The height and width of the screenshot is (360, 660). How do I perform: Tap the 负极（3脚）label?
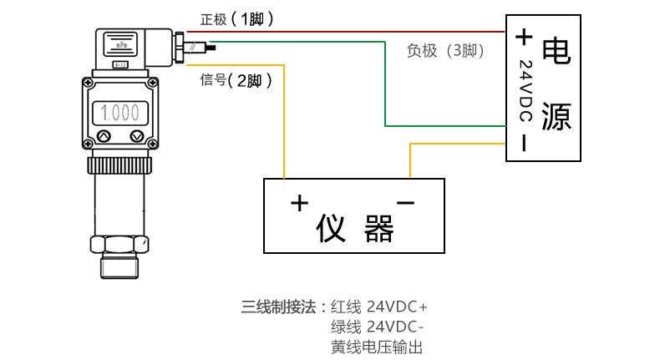[x=446, y=51]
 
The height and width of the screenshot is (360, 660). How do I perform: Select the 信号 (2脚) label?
[x=236, y=80]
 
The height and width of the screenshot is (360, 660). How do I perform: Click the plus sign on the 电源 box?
[x=524, y=37]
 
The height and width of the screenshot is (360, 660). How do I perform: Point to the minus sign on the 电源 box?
[x=524, y=143]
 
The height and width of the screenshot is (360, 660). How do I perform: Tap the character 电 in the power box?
[x=556, y=51]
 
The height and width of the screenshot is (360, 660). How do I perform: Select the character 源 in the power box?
[x=556, y=117]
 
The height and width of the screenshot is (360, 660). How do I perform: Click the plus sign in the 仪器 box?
[x=299, y=202]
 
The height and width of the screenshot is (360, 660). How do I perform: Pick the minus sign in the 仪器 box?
[x=405, y=203]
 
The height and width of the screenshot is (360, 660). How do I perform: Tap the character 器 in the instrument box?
[x=379, y=228]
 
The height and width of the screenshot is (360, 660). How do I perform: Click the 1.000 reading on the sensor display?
[x=120, y=111]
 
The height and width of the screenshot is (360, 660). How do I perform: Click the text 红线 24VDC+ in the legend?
[x=379, y=305]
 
